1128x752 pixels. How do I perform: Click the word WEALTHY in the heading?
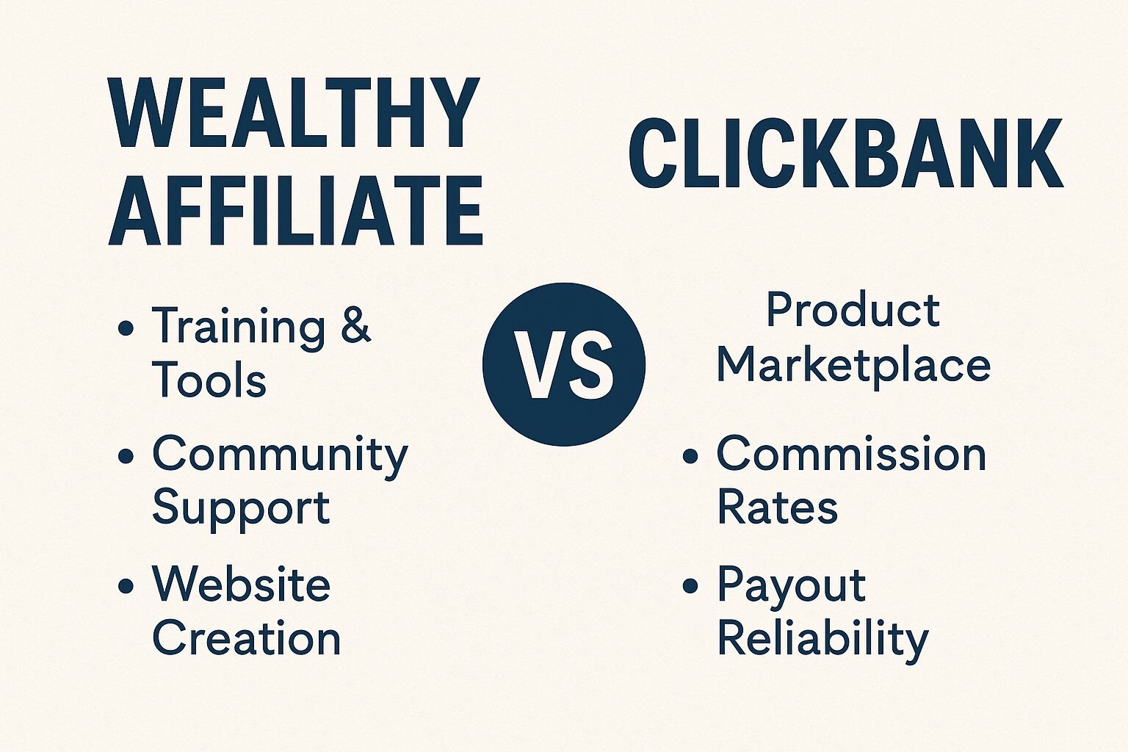[294, 112]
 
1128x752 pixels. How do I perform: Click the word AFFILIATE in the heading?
[296, 210]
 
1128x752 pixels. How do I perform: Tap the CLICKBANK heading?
[846, 153]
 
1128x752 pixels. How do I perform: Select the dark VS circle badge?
[564, 364]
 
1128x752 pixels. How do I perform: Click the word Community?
[280, 456]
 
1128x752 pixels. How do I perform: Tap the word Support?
[241, 510]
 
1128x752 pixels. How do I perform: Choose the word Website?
[241, 585]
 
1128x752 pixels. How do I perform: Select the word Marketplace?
[853, 366]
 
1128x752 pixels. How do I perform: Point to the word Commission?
[851, 455]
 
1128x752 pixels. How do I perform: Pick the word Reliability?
[822, 640]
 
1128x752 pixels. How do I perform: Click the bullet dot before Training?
[126, 328]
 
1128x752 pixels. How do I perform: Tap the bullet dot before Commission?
[690, 456]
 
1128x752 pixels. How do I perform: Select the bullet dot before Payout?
[690, 586]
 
